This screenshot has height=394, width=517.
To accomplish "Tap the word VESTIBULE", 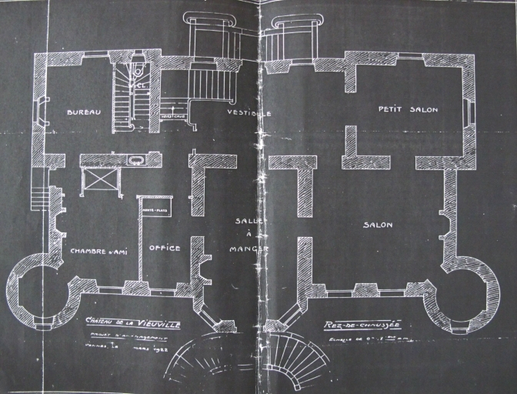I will tap(249, 113).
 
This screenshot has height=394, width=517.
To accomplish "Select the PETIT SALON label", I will tap(408, 110).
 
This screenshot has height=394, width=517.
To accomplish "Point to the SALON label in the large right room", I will tap(377, 225).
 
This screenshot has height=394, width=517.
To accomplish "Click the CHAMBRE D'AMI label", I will tap(98, 251).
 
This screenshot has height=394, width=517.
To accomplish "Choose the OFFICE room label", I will tap(164, 248).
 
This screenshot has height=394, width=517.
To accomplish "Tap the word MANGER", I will tap(248, 249).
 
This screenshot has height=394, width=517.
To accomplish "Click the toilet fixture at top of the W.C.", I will tap(136, 71).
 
